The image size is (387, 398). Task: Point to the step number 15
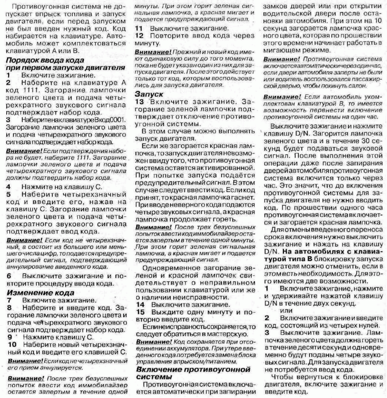(141, 312)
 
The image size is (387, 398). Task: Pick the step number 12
(139, 36)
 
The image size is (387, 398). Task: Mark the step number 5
(9, 194)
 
